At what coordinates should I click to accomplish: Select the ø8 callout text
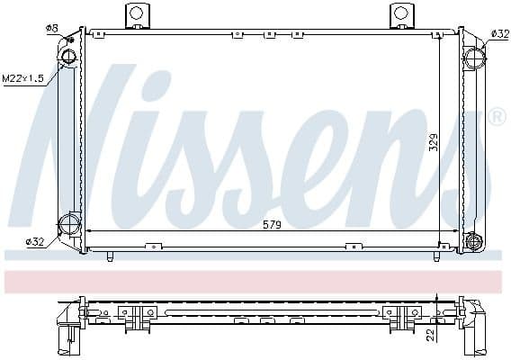[x=51, y=28]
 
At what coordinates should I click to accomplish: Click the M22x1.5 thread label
[x=22, y=78]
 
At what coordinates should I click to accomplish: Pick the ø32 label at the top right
[x=499, y=33]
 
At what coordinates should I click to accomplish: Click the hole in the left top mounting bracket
[x=137, y=13]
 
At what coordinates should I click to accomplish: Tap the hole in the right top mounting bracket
[x=399, y=13]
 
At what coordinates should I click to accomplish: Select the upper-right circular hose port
[x=475, y=58]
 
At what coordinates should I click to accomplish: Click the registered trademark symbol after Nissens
[x=496, y=116]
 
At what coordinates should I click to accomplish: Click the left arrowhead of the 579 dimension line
[x=90, y=232]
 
